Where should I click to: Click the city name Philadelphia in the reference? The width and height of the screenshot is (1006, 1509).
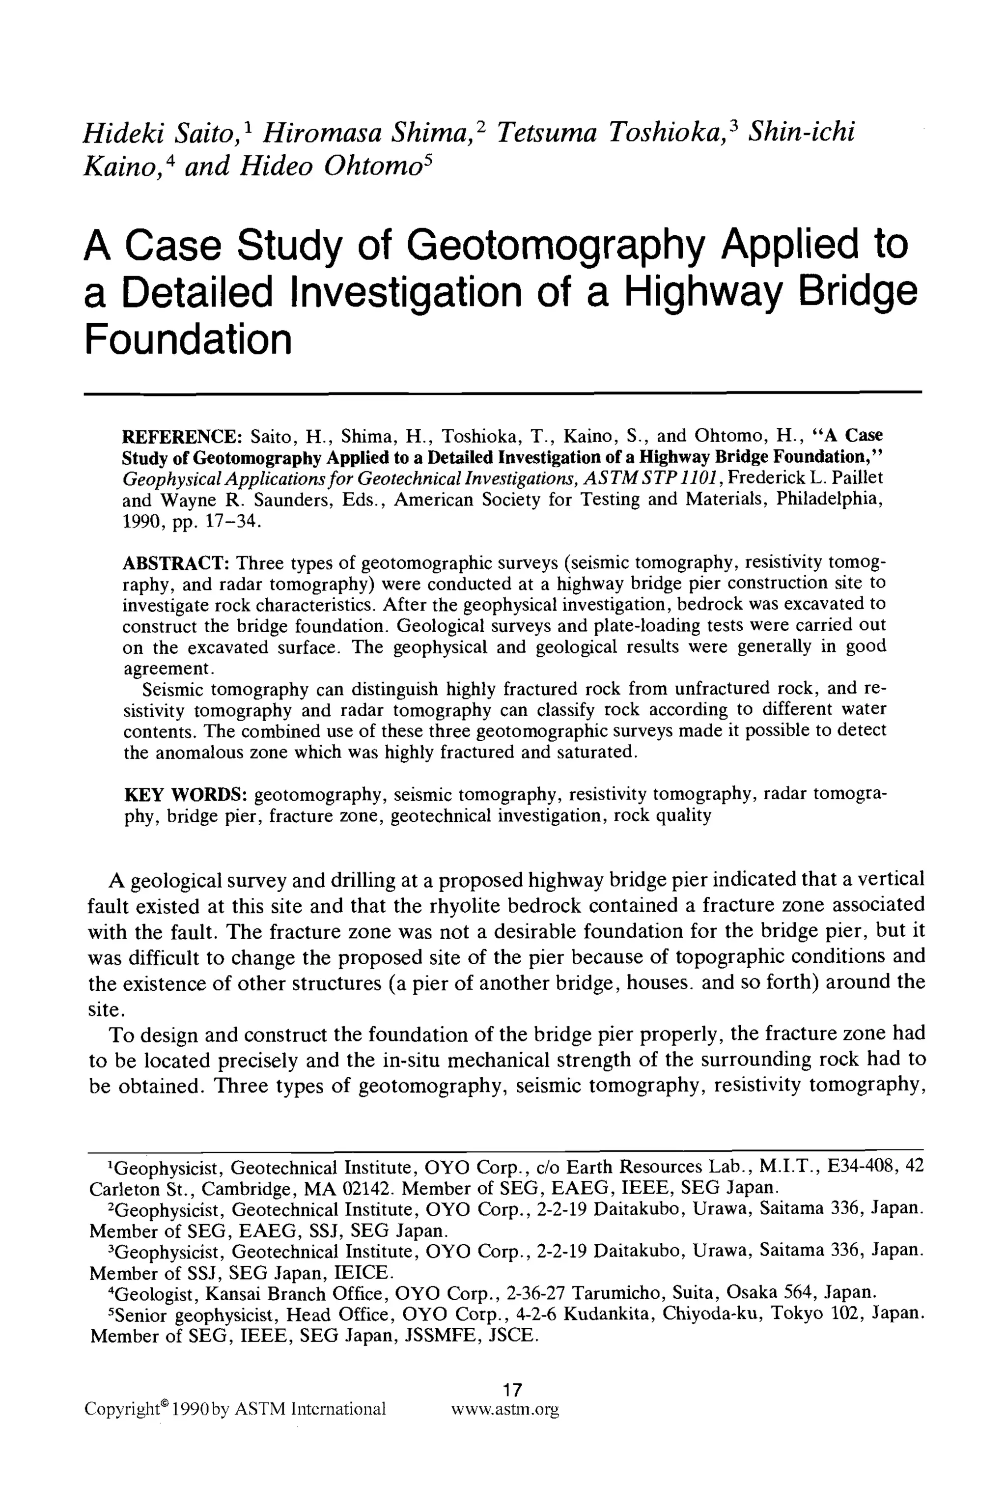pyautogui.click(x=824, y=499)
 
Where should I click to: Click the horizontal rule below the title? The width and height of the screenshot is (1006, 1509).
pyautogui.click(x=503, y=392)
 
